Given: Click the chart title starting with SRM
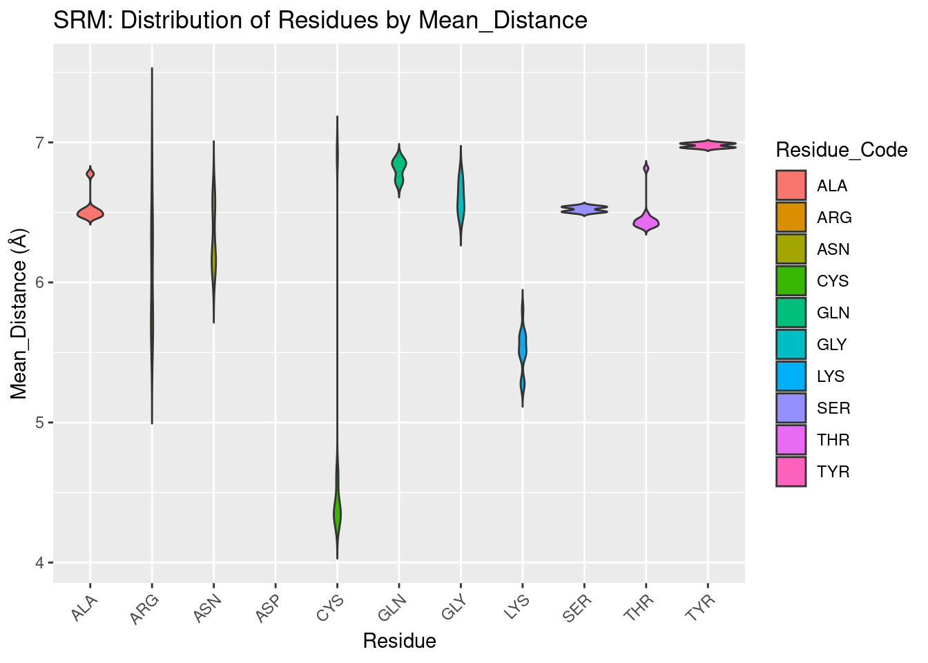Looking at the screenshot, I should [320, 21].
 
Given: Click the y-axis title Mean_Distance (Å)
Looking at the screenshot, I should [19, 315].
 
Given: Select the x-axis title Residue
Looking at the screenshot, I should [399, 641].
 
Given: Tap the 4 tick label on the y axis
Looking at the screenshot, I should [39, 563].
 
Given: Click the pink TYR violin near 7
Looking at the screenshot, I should [707, 145].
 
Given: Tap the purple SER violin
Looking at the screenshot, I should [584, 209].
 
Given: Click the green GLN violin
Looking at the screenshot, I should [399, 166].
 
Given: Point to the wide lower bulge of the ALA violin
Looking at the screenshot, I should [90, 213].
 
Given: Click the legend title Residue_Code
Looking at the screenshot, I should [841, 150].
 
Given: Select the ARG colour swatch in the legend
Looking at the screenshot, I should [791, 218].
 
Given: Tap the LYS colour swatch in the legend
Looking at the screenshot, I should [791, 376].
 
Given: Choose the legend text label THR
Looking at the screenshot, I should [833, 440].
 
